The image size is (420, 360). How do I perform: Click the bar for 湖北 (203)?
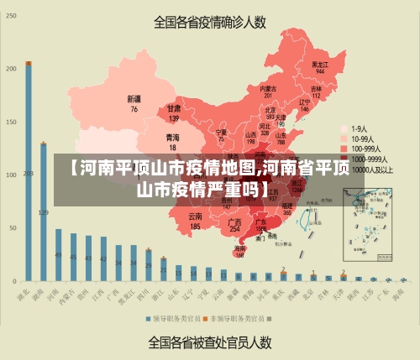pos(29,171)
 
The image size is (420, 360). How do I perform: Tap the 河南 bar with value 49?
pos(58,255)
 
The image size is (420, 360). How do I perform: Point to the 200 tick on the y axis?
pos(11,68)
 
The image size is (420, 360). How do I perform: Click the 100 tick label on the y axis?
pos(11,175)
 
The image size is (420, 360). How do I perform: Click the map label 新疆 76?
pos(134,104)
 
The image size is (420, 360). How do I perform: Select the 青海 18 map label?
pos(172,142)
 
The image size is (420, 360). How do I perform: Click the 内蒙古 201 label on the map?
pos(268,91)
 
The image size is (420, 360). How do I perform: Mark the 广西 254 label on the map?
pos(235,225)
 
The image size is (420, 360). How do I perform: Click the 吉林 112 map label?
pos(316,91)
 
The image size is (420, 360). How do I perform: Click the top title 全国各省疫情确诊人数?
pos(210,23)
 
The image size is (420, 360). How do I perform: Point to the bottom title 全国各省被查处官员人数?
pos(210,342)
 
